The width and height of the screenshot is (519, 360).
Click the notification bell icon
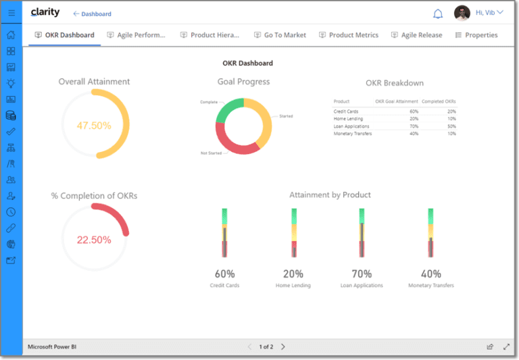(x=438, y=14)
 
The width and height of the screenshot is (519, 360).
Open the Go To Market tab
(x=280, y=35)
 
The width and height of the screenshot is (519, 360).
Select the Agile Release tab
(x=416, y=35)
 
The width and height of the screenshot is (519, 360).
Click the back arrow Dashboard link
(x=93, y=14)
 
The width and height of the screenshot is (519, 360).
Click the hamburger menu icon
(x=11, y=13)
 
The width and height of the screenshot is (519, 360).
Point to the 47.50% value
(x=94, y=126)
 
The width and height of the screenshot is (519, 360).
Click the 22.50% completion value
(x=94, y=240)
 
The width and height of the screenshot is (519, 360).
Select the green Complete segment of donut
(x=228, y=109)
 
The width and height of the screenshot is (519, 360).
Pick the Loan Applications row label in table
(x=351, y=126)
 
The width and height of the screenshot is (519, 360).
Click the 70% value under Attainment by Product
(x=362, y=274)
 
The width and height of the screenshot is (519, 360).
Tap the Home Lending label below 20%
(x=293, y=286)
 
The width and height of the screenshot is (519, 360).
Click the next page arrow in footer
(x=283, y=346)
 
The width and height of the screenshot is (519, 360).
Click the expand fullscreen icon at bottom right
(x=506, y=346)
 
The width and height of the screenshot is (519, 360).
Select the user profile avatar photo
(x=462, y=13)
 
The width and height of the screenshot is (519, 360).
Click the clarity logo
(x=45, y=13)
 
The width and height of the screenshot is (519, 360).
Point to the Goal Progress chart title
(x=243, y=82)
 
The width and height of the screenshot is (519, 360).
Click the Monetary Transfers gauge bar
(x=430, y=233)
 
